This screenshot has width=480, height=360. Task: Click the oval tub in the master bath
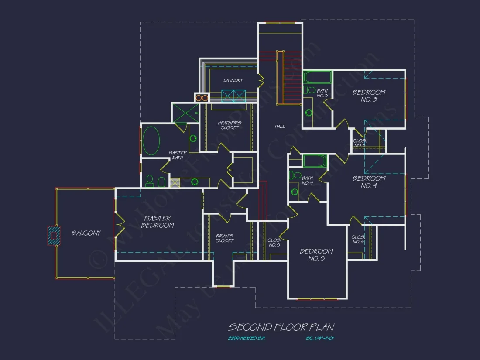pos(151,141)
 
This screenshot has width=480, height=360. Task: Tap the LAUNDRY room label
pos(233,80)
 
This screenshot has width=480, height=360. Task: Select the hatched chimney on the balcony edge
pos(53,235)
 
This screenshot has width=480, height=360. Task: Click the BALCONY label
pos(86,233)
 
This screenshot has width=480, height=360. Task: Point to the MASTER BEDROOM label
pos(158,222)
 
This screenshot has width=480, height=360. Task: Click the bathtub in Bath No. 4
pos(315,161)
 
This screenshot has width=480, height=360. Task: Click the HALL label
pos(280,127)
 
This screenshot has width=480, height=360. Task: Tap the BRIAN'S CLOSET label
pos(225,238)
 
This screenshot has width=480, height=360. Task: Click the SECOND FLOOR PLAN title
pos(281,327)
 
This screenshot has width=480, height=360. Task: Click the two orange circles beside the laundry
pos(201,98)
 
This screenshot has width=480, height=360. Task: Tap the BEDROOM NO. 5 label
pos(316,255)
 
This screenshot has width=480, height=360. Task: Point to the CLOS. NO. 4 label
pos(358,239)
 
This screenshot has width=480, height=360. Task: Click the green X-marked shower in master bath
pos(185,113)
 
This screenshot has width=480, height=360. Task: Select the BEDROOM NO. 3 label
pos(369,96)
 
